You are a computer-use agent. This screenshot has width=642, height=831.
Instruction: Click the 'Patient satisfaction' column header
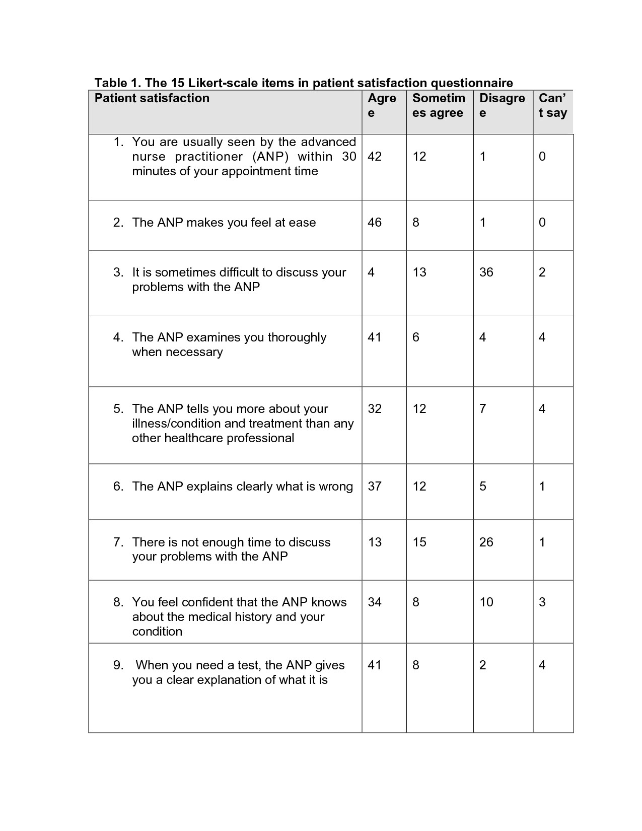click(x=152, y=98)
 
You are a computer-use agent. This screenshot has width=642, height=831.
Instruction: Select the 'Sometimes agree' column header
click(x=438, y=105)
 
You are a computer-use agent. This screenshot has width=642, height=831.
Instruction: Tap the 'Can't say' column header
click(x=552, y=105)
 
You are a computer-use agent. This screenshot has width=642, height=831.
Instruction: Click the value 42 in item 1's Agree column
click(x=375, y=157)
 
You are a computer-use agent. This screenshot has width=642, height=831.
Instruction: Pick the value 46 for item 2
click(x=375, y=223)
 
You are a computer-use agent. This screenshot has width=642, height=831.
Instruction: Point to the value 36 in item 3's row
click(x=486, y=272)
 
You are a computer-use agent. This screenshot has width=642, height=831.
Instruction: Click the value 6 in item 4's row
click(x=415, y=337)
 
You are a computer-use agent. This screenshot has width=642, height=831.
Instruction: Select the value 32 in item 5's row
click(x=375, y=409)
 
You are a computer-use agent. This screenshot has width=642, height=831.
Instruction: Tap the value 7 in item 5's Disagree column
click(x=482, y=409)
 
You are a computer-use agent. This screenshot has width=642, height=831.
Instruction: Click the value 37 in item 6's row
click(x=375, y=487)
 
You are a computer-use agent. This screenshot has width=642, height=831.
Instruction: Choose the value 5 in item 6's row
click(x=482, y=487)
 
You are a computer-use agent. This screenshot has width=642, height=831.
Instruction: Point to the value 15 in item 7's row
click(x=419, y=542)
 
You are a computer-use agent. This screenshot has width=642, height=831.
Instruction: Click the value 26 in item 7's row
click(x=486, y=542)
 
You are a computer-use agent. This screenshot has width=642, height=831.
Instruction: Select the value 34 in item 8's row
click(x=375, y=602)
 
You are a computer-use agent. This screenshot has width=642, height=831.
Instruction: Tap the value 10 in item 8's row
click(x=486, y=602)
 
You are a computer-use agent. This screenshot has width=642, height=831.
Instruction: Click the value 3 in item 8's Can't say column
click(x=542, y=602)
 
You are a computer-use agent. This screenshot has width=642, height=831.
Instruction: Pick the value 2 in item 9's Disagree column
click(x=482, y=665)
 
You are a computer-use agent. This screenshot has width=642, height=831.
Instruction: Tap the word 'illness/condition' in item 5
click(x=174, y=424)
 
